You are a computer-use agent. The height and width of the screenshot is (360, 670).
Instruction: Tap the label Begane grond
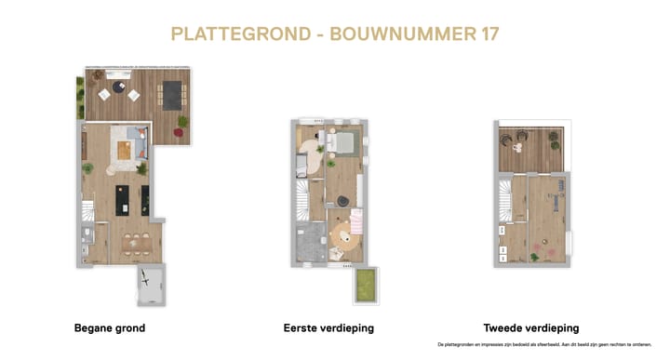[109, 328]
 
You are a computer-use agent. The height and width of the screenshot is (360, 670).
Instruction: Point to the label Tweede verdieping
[530, 328]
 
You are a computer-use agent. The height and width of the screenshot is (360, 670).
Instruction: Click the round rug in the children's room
[346, 233]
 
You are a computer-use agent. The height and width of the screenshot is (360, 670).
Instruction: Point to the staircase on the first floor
[303, 198]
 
